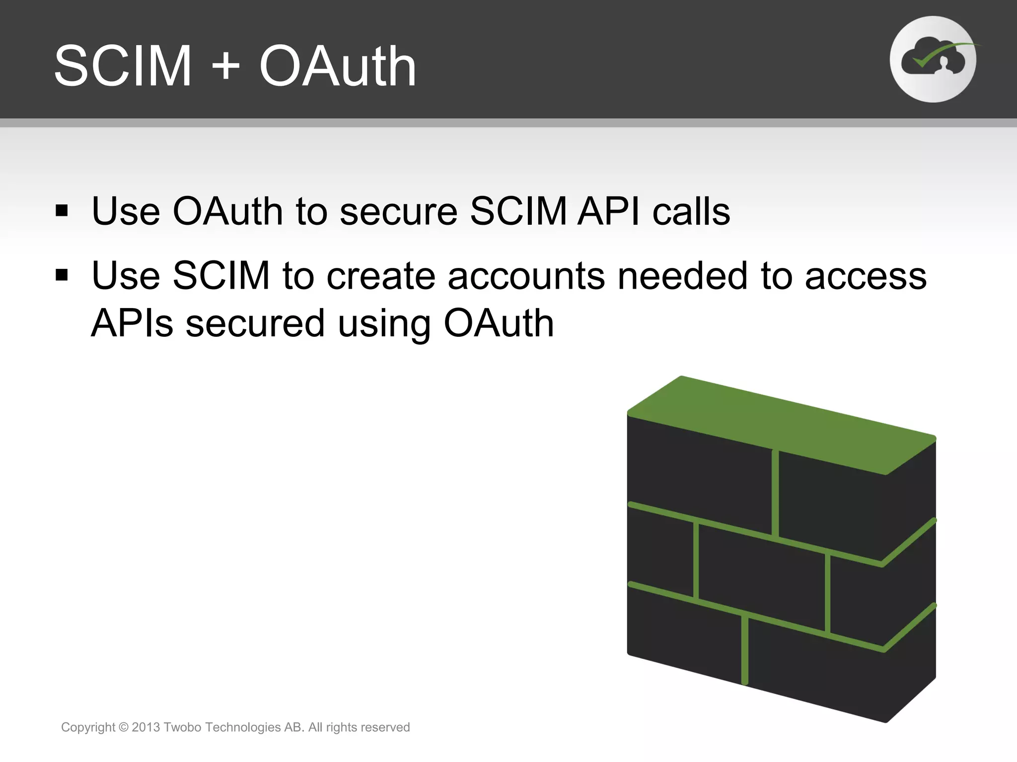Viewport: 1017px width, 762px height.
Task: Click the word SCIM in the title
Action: pos(123,66)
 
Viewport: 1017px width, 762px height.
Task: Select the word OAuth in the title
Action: pos(338,66)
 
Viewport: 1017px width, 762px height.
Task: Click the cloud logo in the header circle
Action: pos(933,60)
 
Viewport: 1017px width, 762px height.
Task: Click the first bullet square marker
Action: pos(62,211)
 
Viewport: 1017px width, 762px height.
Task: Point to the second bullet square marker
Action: pos(62,274)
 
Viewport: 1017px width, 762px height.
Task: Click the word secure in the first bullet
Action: pos(398,212)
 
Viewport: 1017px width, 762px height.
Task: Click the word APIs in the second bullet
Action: pos(132,323)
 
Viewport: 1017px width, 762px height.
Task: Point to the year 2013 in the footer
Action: pos(146,727)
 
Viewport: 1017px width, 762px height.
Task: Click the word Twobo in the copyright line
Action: pos(182,727)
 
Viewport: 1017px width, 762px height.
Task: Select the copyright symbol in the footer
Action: pos(124,727)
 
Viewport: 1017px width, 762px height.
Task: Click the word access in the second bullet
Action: pos(866,276)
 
